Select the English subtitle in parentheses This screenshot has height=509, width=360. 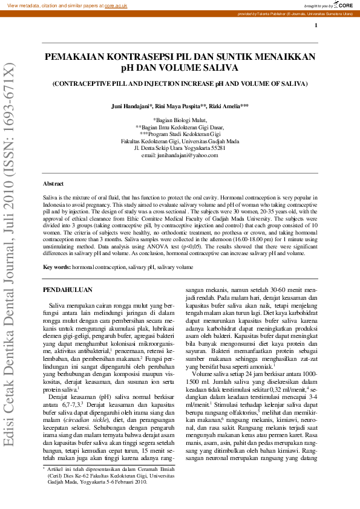180,83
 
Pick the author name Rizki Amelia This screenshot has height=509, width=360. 229,106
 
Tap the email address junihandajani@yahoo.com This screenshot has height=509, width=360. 192,155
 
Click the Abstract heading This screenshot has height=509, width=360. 54,183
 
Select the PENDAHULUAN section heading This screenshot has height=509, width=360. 67,290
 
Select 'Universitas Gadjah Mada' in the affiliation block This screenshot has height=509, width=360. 211,141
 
